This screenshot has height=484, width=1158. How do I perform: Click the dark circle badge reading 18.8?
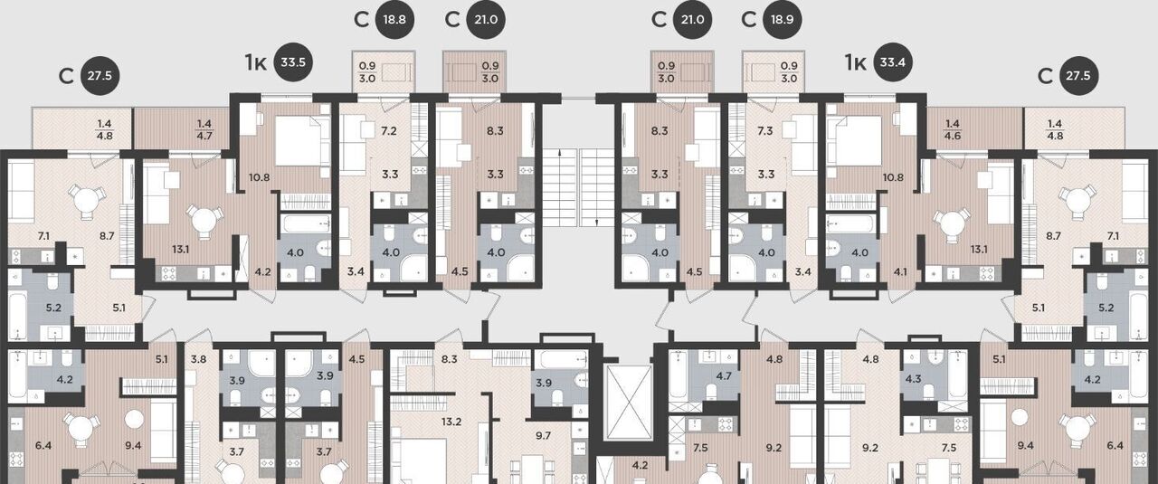pyautogui.click(x=394, y=20)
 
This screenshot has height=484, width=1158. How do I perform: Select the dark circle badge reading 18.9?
pyautogui.click(x=783, y=20)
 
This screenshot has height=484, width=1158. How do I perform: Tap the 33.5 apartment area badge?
pyautogui.click(x=293, y=62)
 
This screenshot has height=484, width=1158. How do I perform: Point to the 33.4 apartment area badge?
pyautogui.click(x=893, y=62)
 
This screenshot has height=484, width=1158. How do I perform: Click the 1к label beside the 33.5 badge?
pyautogui.click(x=256, y=63)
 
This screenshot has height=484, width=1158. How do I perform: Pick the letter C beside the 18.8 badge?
pyautogui.click(x=361, y=20)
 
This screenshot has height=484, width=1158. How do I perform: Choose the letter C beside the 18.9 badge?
pyautogui.click(x=748, y=20)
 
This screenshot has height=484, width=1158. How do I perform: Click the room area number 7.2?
pyautogui.click(x=389, y=131)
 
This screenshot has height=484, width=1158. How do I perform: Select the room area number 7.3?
pyautogui.click(x=765, y=131)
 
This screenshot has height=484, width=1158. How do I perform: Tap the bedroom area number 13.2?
pyautogui.click(x=451, y=422)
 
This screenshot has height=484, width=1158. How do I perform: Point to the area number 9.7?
pyautogui.click(x=544, y=436)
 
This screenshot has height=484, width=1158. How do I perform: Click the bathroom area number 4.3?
pyautogui.click(x=914, y=379)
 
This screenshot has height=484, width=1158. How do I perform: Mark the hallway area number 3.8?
pyautogui.click(x=198, y=359)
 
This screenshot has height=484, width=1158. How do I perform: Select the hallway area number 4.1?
pyautogui.click(x=900, y=271)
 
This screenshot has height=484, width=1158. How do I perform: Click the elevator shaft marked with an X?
pyautogui.click(x=630, y=403)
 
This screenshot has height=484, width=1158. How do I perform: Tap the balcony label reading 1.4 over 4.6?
pyautogui.click(x=953, y=129)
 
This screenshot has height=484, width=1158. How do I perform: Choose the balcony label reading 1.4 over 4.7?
pyautogui.click(x=204, y=129)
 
